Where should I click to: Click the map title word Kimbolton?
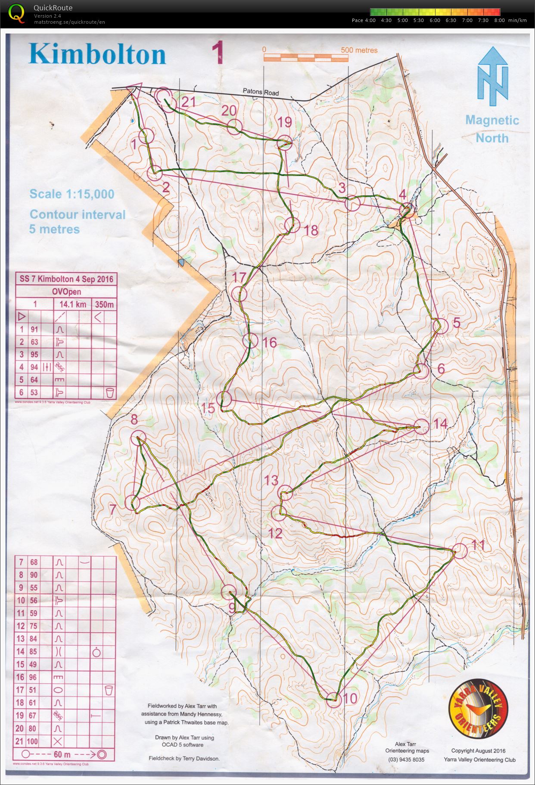click(x=97, y=54)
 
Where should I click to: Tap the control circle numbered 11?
click(x=460, y=551)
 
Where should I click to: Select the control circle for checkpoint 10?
click(x=333, y=699)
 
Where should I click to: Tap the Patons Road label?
click(x=261, y=92)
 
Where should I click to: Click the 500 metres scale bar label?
click(x=359, y=50)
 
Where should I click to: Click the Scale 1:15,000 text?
click(x=72, y=194)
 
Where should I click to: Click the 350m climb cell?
click(x=105, y=305)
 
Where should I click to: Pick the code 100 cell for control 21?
click(x=33, y=741)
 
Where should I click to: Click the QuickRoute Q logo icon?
click(x=16, y=13)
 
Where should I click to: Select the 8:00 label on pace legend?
click(x=499, y=20)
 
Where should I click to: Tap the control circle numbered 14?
click(x=422, y=426)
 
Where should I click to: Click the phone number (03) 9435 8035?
click(x=406, y=760)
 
